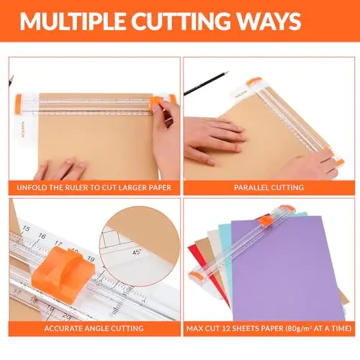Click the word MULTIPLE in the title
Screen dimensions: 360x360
click(x=73, y=21)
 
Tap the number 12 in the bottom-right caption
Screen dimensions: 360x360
click(x=226, y=328)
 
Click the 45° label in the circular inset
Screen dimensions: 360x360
click(x=137, y=252)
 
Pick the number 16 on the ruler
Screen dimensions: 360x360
click(x=42, y=236)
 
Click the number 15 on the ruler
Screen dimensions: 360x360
click(x=26, y=228)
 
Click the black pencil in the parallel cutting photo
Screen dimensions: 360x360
click(x=206, y=84)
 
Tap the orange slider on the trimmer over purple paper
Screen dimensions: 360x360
click(x=265, y=220)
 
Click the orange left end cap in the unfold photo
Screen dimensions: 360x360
click(x=18, y=104)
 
